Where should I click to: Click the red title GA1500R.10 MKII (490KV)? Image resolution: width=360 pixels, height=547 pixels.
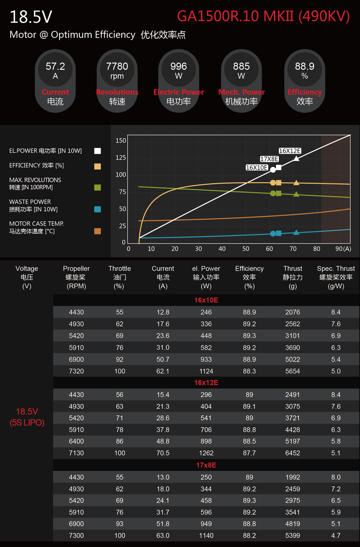coord(263,16)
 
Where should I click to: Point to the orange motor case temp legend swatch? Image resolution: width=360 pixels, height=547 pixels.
coord(98,231)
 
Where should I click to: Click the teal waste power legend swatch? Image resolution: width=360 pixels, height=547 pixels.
coord(98,209)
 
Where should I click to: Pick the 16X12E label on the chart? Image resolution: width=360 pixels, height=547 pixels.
coord(290,151)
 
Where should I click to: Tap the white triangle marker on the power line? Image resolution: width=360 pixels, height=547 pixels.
coord(297,159)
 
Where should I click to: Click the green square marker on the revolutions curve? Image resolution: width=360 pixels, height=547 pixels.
coord(279,193)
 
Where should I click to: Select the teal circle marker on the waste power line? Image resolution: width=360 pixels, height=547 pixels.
coord(273,234)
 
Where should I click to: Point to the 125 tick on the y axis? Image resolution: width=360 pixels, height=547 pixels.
coord(121,158)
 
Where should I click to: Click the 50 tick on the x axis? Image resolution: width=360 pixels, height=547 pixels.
coord(246,249)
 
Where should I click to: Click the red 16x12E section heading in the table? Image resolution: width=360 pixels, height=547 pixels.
coord(206,383)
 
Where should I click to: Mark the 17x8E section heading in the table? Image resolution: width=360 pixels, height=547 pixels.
coord(206,465)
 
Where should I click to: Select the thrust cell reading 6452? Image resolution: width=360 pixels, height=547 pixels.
coord(293,453)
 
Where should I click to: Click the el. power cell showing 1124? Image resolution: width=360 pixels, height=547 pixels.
coord(206,371)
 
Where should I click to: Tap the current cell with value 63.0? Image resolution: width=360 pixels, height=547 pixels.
coord(163,536)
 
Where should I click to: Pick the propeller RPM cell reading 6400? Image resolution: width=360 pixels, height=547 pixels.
coord(77,442)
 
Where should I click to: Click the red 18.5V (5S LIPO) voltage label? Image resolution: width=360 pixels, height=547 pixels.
coord(27,417)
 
